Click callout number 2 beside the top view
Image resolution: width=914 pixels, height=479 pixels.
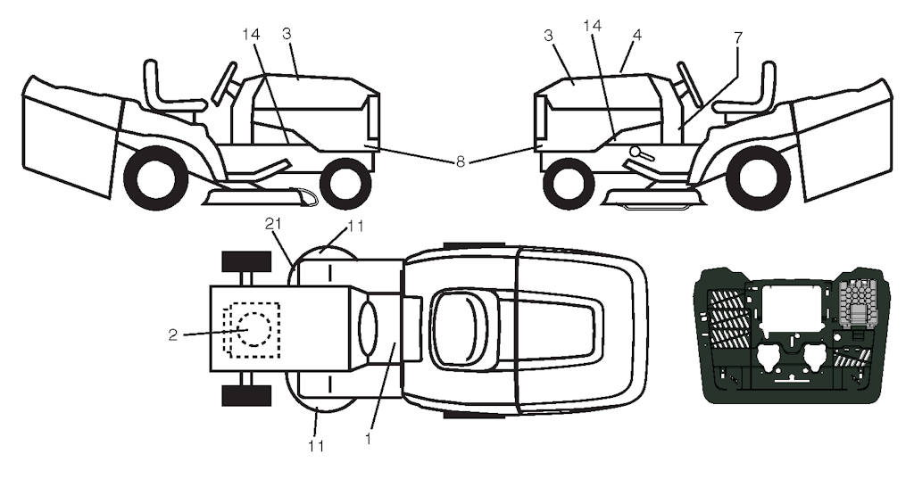tap(172, 335)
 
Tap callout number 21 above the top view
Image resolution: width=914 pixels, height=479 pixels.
tap(273, 225)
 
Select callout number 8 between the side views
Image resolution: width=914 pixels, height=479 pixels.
tap(461, 162)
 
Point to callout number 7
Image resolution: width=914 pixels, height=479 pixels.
tap(738, 37)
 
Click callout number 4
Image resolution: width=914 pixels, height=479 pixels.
tap(637, 35)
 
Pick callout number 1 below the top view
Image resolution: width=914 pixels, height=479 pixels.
tap(368, 438)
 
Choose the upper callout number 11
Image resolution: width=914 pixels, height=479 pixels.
tap(355, 226)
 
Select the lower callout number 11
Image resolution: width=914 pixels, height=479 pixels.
tap(316, 446)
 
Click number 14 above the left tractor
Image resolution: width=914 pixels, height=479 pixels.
tap(251, 35)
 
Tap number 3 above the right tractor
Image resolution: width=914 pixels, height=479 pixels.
tap(548, 35)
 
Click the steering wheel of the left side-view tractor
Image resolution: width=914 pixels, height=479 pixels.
tap(224, 83)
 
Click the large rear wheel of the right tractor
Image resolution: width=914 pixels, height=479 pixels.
tap(759, 178)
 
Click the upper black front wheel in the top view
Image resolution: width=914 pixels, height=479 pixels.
tap(246, 261)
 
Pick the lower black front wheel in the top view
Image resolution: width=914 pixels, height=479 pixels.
tap(246, 395)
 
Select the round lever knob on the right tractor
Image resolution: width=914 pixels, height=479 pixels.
tap(636, 152)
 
